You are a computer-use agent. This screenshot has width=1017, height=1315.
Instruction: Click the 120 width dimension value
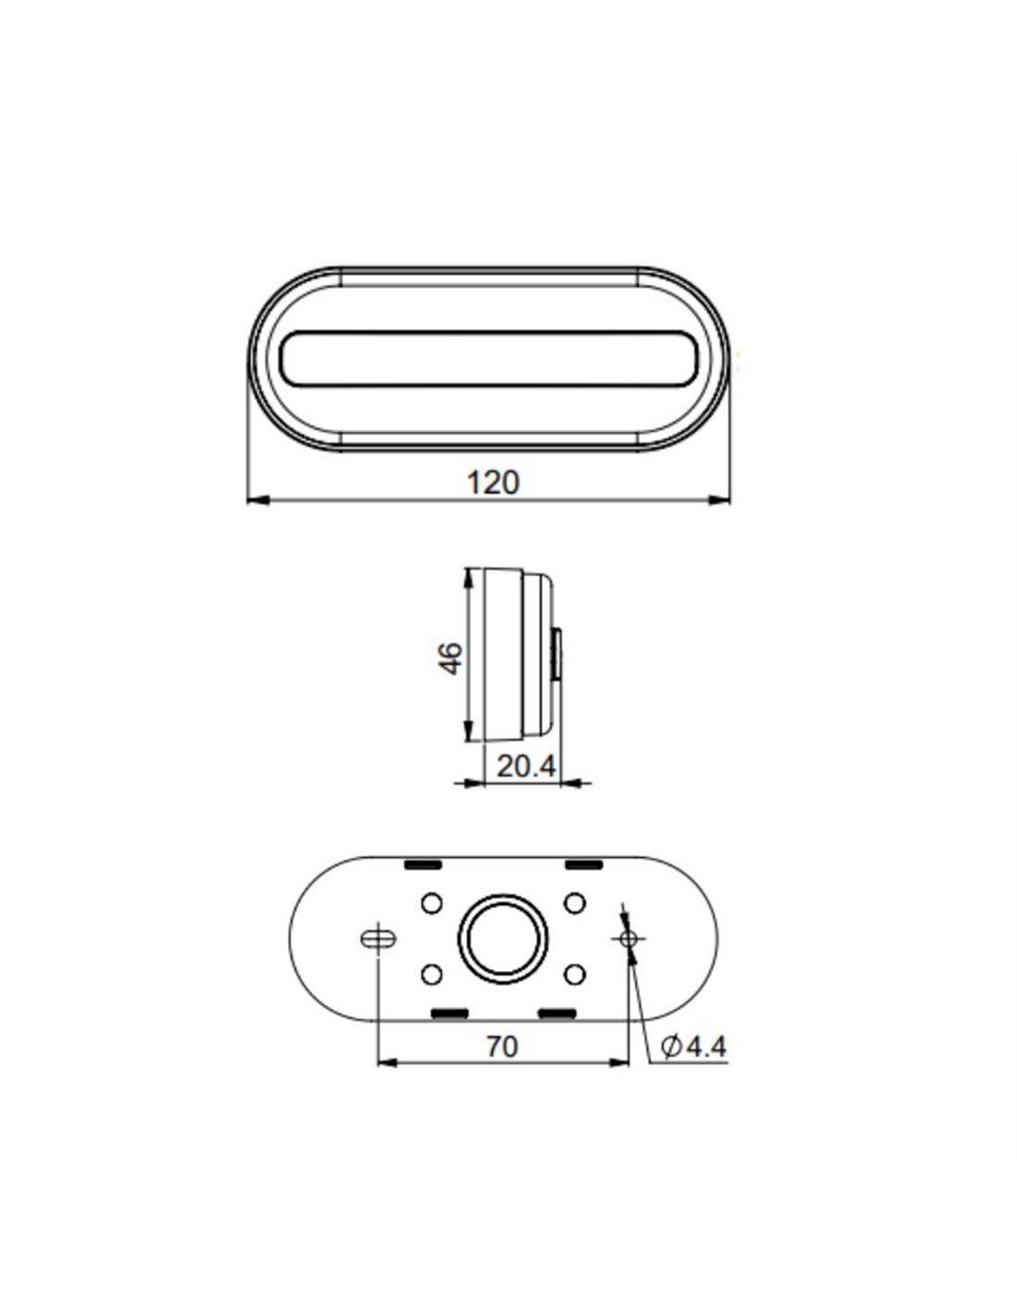tap(493, 483)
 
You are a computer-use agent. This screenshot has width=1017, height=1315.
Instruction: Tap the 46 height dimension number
tap(450, 658)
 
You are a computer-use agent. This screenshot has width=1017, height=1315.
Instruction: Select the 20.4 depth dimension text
tap(526, 767)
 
